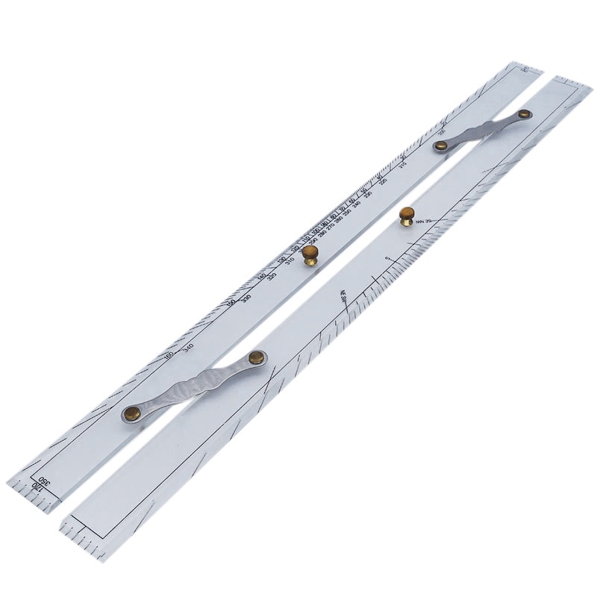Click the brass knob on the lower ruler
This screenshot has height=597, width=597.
click(x=407, y=216)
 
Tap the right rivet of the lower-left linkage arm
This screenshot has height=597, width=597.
click(x=256, y=357)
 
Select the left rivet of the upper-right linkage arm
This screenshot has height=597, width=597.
click(x=441, y=146)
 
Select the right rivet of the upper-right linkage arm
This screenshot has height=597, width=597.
click(x=525, y=114)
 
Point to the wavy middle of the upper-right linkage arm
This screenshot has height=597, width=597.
click(x=483, y=130)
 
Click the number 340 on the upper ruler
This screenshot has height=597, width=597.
click(x=189, y=347)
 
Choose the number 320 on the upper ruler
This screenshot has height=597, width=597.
click(x=272, y=277)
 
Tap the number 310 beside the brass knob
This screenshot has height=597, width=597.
click(x=290, y=261)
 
